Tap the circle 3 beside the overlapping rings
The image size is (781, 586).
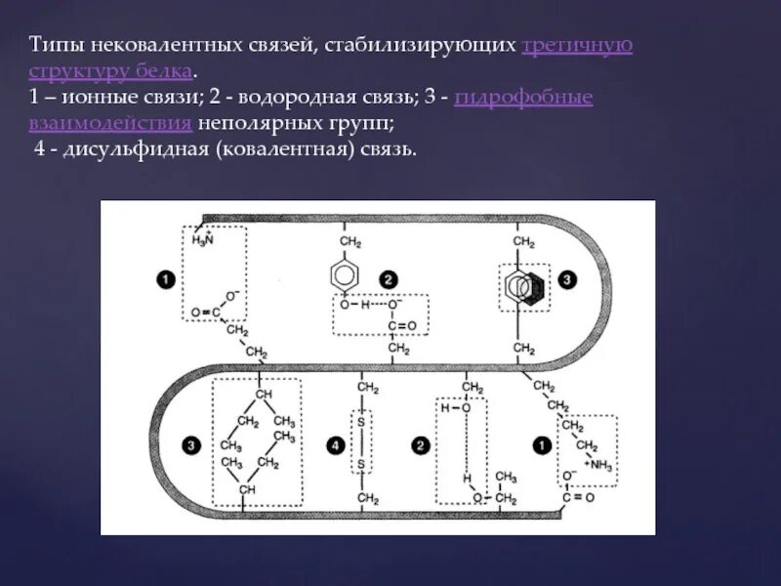coord(568,280)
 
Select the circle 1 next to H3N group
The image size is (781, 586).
coord(164,280)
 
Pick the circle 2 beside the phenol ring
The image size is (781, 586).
coord(388,280)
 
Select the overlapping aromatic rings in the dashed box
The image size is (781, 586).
coord(524,286)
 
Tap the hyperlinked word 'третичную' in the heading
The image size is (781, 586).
coord(578,48)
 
